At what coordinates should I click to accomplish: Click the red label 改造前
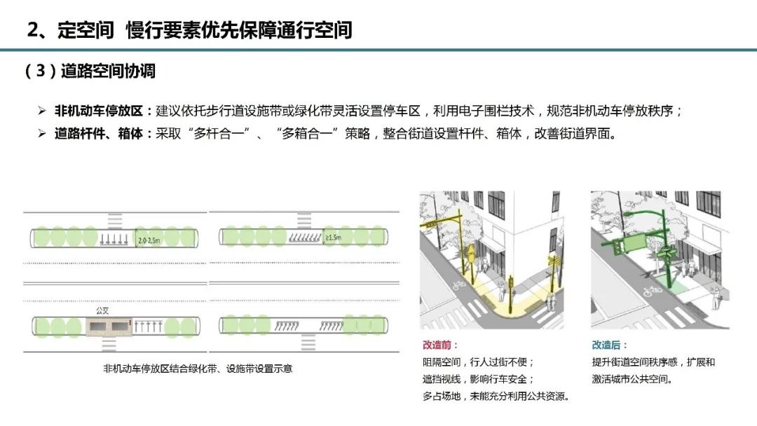point(439,345)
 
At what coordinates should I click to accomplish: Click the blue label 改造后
point(608,345)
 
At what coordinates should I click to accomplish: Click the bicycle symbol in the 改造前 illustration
point(457,286)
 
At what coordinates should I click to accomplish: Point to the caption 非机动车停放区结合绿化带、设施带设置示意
point(198,368)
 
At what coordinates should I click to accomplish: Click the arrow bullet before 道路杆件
point(41,133)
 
